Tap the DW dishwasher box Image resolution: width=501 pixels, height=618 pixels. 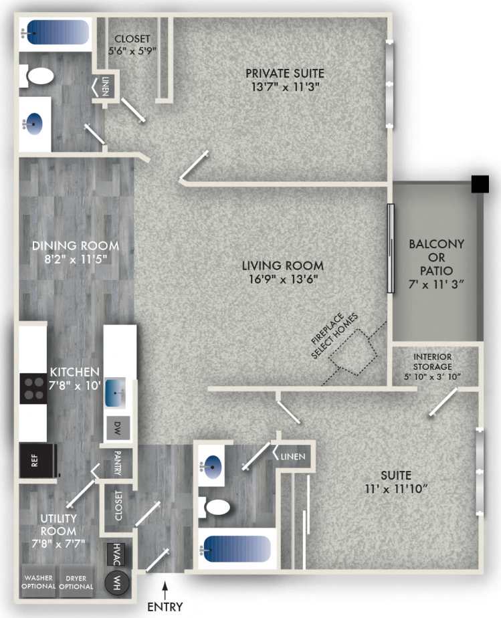117,425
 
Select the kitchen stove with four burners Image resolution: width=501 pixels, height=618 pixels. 33,387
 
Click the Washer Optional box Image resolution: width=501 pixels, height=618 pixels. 38,582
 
